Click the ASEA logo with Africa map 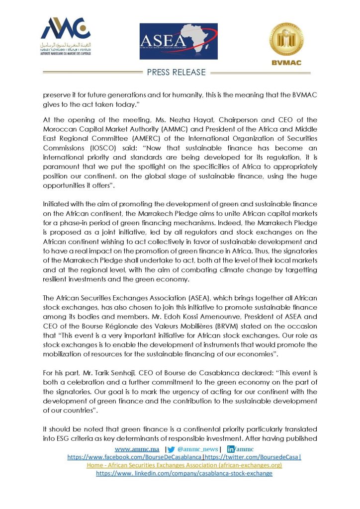tap(178, 41)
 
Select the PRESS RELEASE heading tap(177, 73)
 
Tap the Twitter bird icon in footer tap(172, 449)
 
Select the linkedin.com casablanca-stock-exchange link tap(184, 473)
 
